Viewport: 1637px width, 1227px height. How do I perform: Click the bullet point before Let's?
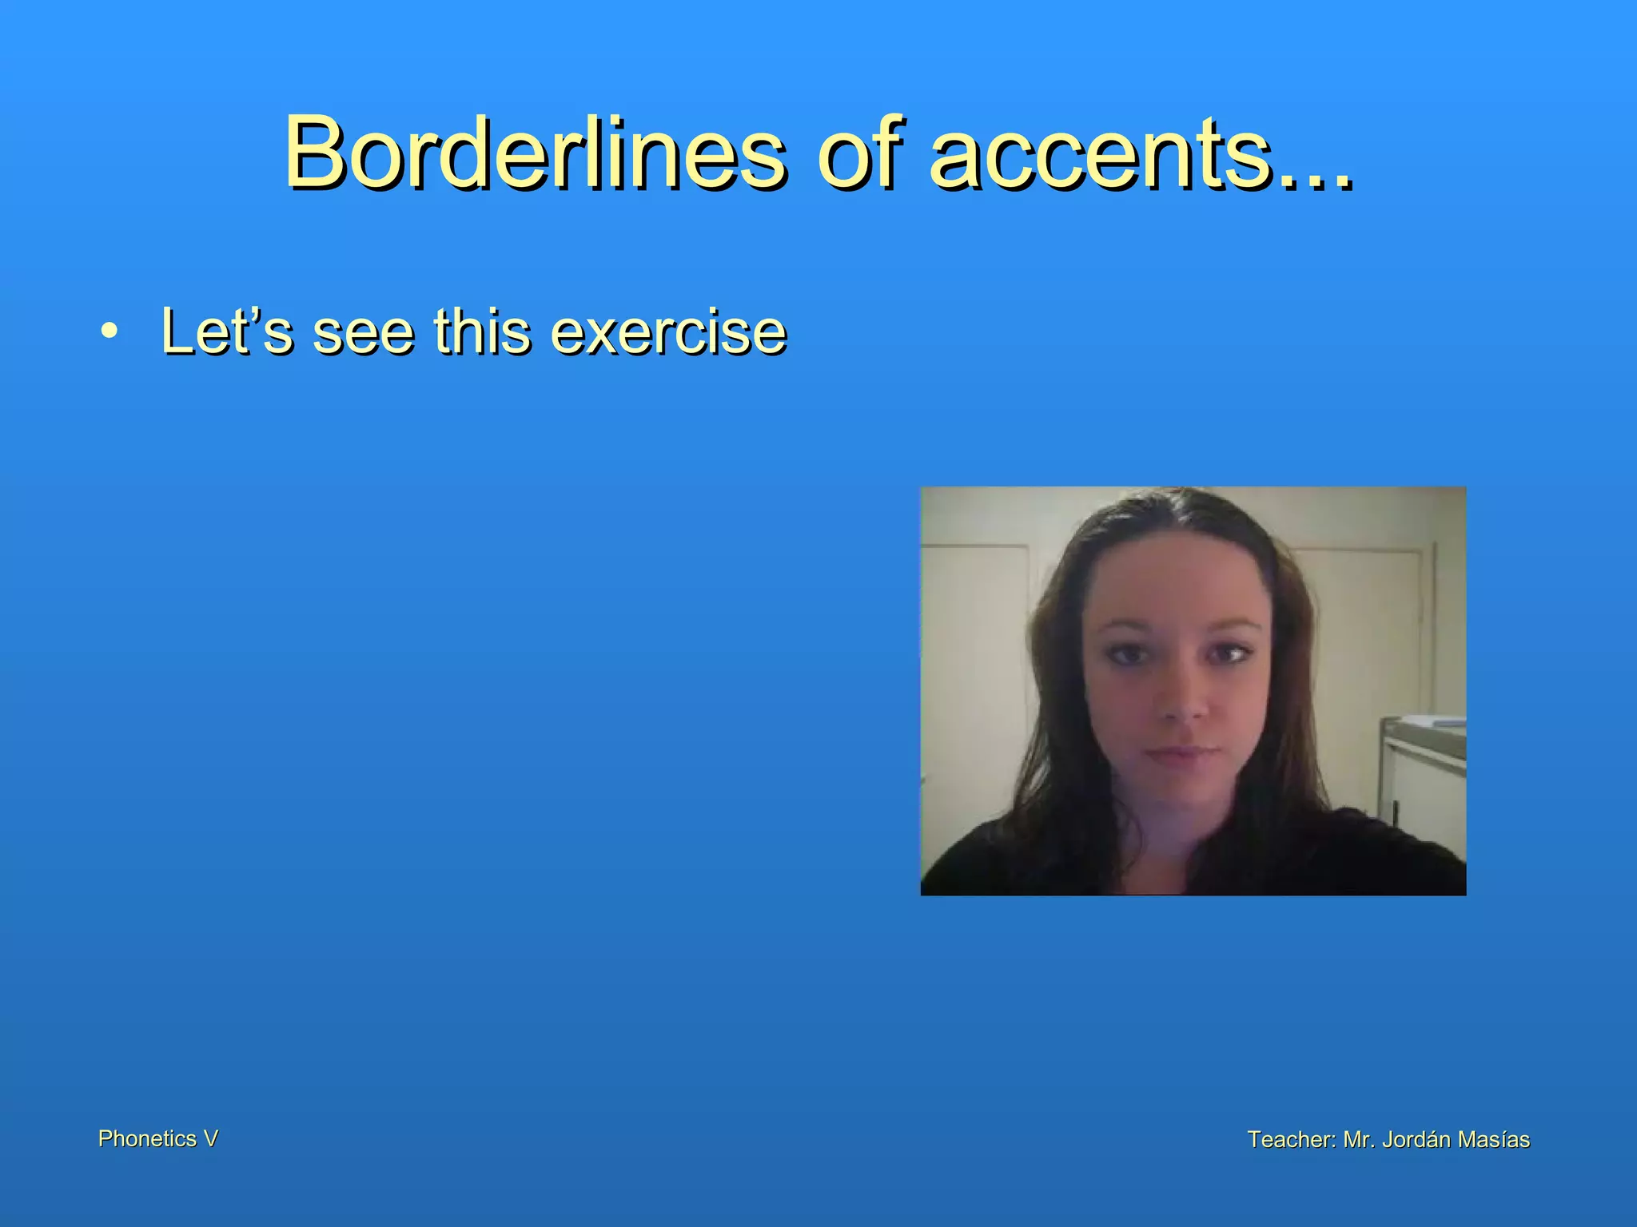[x=110, y=331]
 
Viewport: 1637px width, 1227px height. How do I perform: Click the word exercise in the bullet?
[x=668, y=331]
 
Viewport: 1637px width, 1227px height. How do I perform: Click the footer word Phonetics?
[x=147, y=1138]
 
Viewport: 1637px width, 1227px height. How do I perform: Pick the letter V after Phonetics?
[x=210, y=1138]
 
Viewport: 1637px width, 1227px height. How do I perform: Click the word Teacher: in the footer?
[x=1291, y=1139]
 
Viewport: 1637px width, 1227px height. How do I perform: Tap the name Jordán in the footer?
[x=1416, y=1139]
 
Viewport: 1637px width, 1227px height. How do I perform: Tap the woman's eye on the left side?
[x=1126, y=655]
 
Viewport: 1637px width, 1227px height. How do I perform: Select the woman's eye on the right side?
[x=1227, y=655]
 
